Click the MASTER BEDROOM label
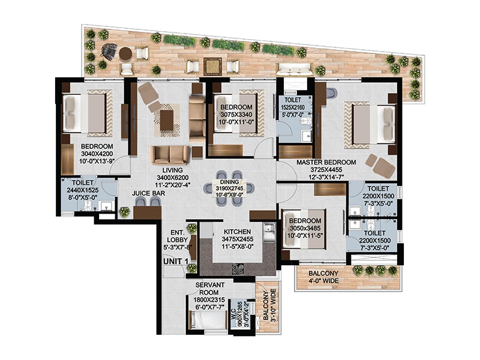(326, 162)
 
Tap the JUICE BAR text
(148, 193)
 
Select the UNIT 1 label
(176, 261)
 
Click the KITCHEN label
(237, 232)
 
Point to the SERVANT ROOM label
(209, 289)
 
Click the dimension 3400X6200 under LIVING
(173, 178)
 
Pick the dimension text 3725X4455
(326, 170)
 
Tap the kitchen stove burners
(238, 269)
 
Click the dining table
(230, 188)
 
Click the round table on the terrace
(125, 54)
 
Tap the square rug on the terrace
(212, 67)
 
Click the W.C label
(234, 316)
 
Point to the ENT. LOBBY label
(177, 236)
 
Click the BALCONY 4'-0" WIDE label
(323, 277)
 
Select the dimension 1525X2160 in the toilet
(293, 107)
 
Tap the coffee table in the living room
(166, 120)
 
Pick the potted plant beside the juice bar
(125, 212)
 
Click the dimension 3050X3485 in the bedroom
(305, 229)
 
